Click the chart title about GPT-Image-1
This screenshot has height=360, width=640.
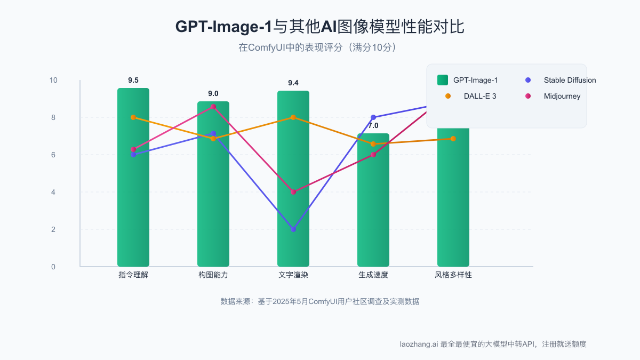[320, 27]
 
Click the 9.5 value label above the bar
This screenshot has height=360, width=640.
[133, 81]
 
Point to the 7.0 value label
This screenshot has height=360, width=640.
[373, 126]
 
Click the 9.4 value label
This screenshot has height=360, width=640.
[293, 83]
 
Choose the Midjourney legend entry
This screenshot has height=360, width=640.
[562, 96]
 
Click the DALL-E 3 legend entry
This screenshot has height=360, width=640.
[480, 96]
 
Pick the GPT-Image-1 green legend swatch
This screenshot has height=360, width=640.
[443, 80]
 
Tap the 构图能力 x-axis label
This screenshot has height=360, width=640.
[213, 275]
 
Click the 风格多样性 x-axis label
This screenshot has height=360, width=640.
[453, 275]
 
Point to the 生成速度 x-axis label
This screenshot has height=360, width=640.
[373, 275]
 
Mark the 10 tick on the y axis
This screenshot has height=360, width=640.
[53, 80]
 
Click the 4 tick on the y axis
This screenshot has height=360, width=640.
[53, 192]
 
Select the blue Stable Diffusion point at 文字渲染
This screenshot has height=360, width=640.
[293, 229]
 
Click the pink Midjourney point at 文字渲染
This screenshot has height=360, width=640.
[293, 192]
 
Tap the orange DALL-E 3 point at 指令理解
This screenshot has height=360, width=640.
[133, 117]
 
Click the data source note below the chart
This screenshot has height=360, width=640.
[320, 301]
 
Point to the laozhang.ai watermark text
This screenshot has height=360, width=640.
[493, 344]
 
